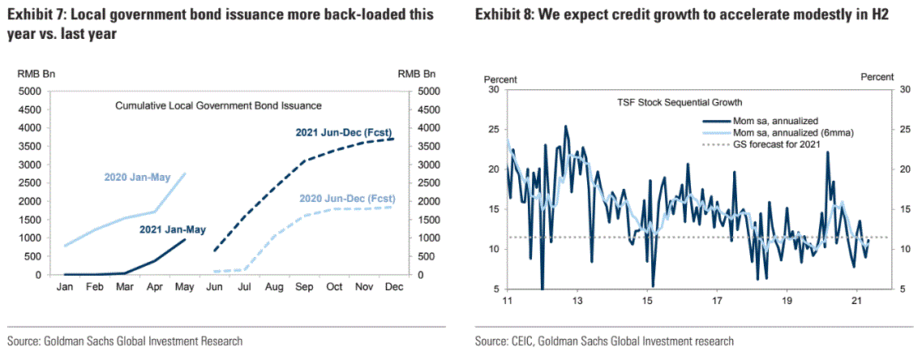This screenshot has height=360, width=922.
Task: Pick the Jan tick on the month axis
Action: pyautogui.click(x=64, y=288)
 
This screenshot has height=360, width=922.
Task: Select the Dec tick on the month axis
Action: pyautogui.click(x=393, y=288)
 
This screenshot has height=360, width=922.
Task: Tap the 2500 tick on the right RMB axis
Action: pyautogui.click(x=426, y=183)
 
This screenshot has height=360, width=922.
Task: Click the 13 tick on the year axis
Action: pyautogui.click(x=577, y=302)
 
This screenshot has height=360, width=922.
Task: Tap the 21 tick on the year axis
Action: pyautogui.click(x=856, y=302)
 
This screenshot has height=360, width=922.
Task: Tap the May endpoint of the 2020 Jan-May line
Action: pyautogui.click(x=184, y=173)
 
